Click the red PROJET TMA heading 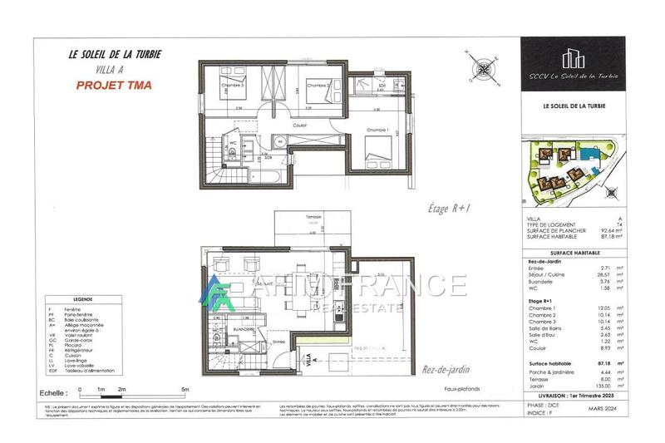pyautogui.click(x=114, y=85)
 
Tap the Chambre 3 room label pyautogui.click(x=232, y=85)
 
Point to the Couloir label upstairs pyautogui.click(x=300, y=126)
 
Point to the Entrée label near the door pyautogui.click(x=278, y=341)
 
